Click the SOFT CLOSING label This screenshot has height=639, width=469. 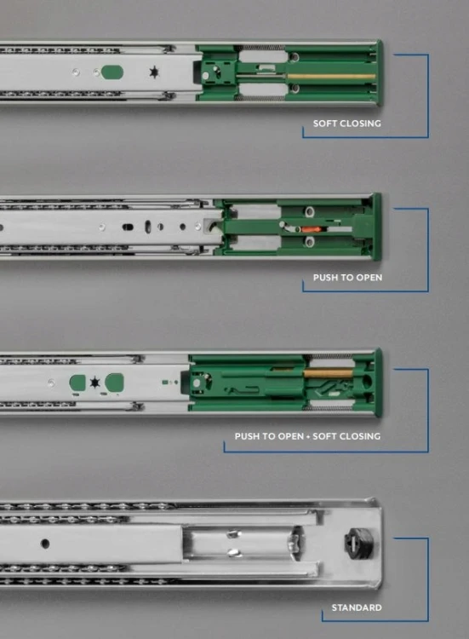click(347, 124)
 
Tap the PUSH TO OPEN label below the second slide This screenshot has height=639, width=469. click(347, 278)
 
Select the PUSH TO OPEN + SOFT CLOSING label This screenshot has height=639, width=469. click(307, 436)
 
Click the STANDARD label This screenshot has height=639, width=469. click(357, 607)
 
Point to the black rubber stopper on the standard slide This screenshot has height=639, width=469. click(357, 544)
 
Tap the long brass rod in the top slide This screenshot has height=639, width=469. click(331, 76)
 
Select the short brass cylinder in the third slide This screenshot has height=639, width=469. click(328, 372)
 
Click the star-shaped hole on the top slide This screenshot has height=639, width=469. click(154, 72)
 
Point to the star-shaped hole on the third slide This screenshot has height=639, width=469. click(94, 383)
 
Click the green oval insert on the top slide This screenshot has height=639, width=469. click(112, 72)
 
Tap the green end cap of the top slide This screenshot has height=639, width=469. click(380, 72)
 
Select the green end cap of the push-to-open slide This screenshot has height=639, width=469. click(377, 227)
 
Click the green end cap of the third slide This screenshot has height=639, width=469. click(378, 383)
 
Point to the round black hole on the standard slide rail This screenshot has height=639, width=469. click(46, 544)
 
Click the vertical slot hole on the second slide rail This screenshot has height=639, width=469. click(148, 227)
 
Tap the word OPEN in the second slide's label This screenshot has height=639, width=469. click(369, 278)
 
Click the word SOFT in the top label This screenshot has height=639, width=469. click(324, 124)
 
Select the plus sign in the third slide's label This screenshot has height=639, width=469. click(308, 436)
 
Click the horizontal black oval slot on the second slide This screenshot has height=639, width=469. click(128, 227)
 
